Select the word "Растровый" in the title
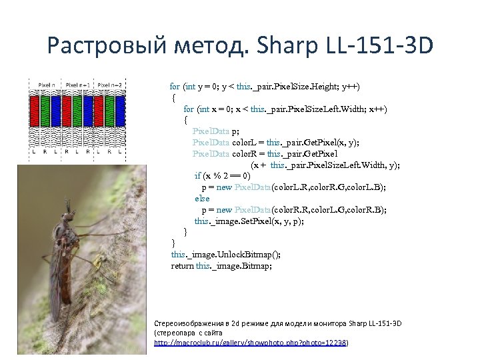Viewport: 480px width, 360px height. [x=104, y=46]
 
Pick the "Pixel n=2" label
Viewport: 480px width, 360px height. [x=110, y=85]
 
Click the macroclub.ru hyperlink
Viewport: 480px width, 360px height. [x=251, y=342]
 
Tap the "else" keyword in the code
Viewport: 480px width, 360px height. [x=202, y=199]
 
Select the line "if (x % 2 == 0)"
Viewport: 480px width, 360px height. [x=223, y=176]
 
